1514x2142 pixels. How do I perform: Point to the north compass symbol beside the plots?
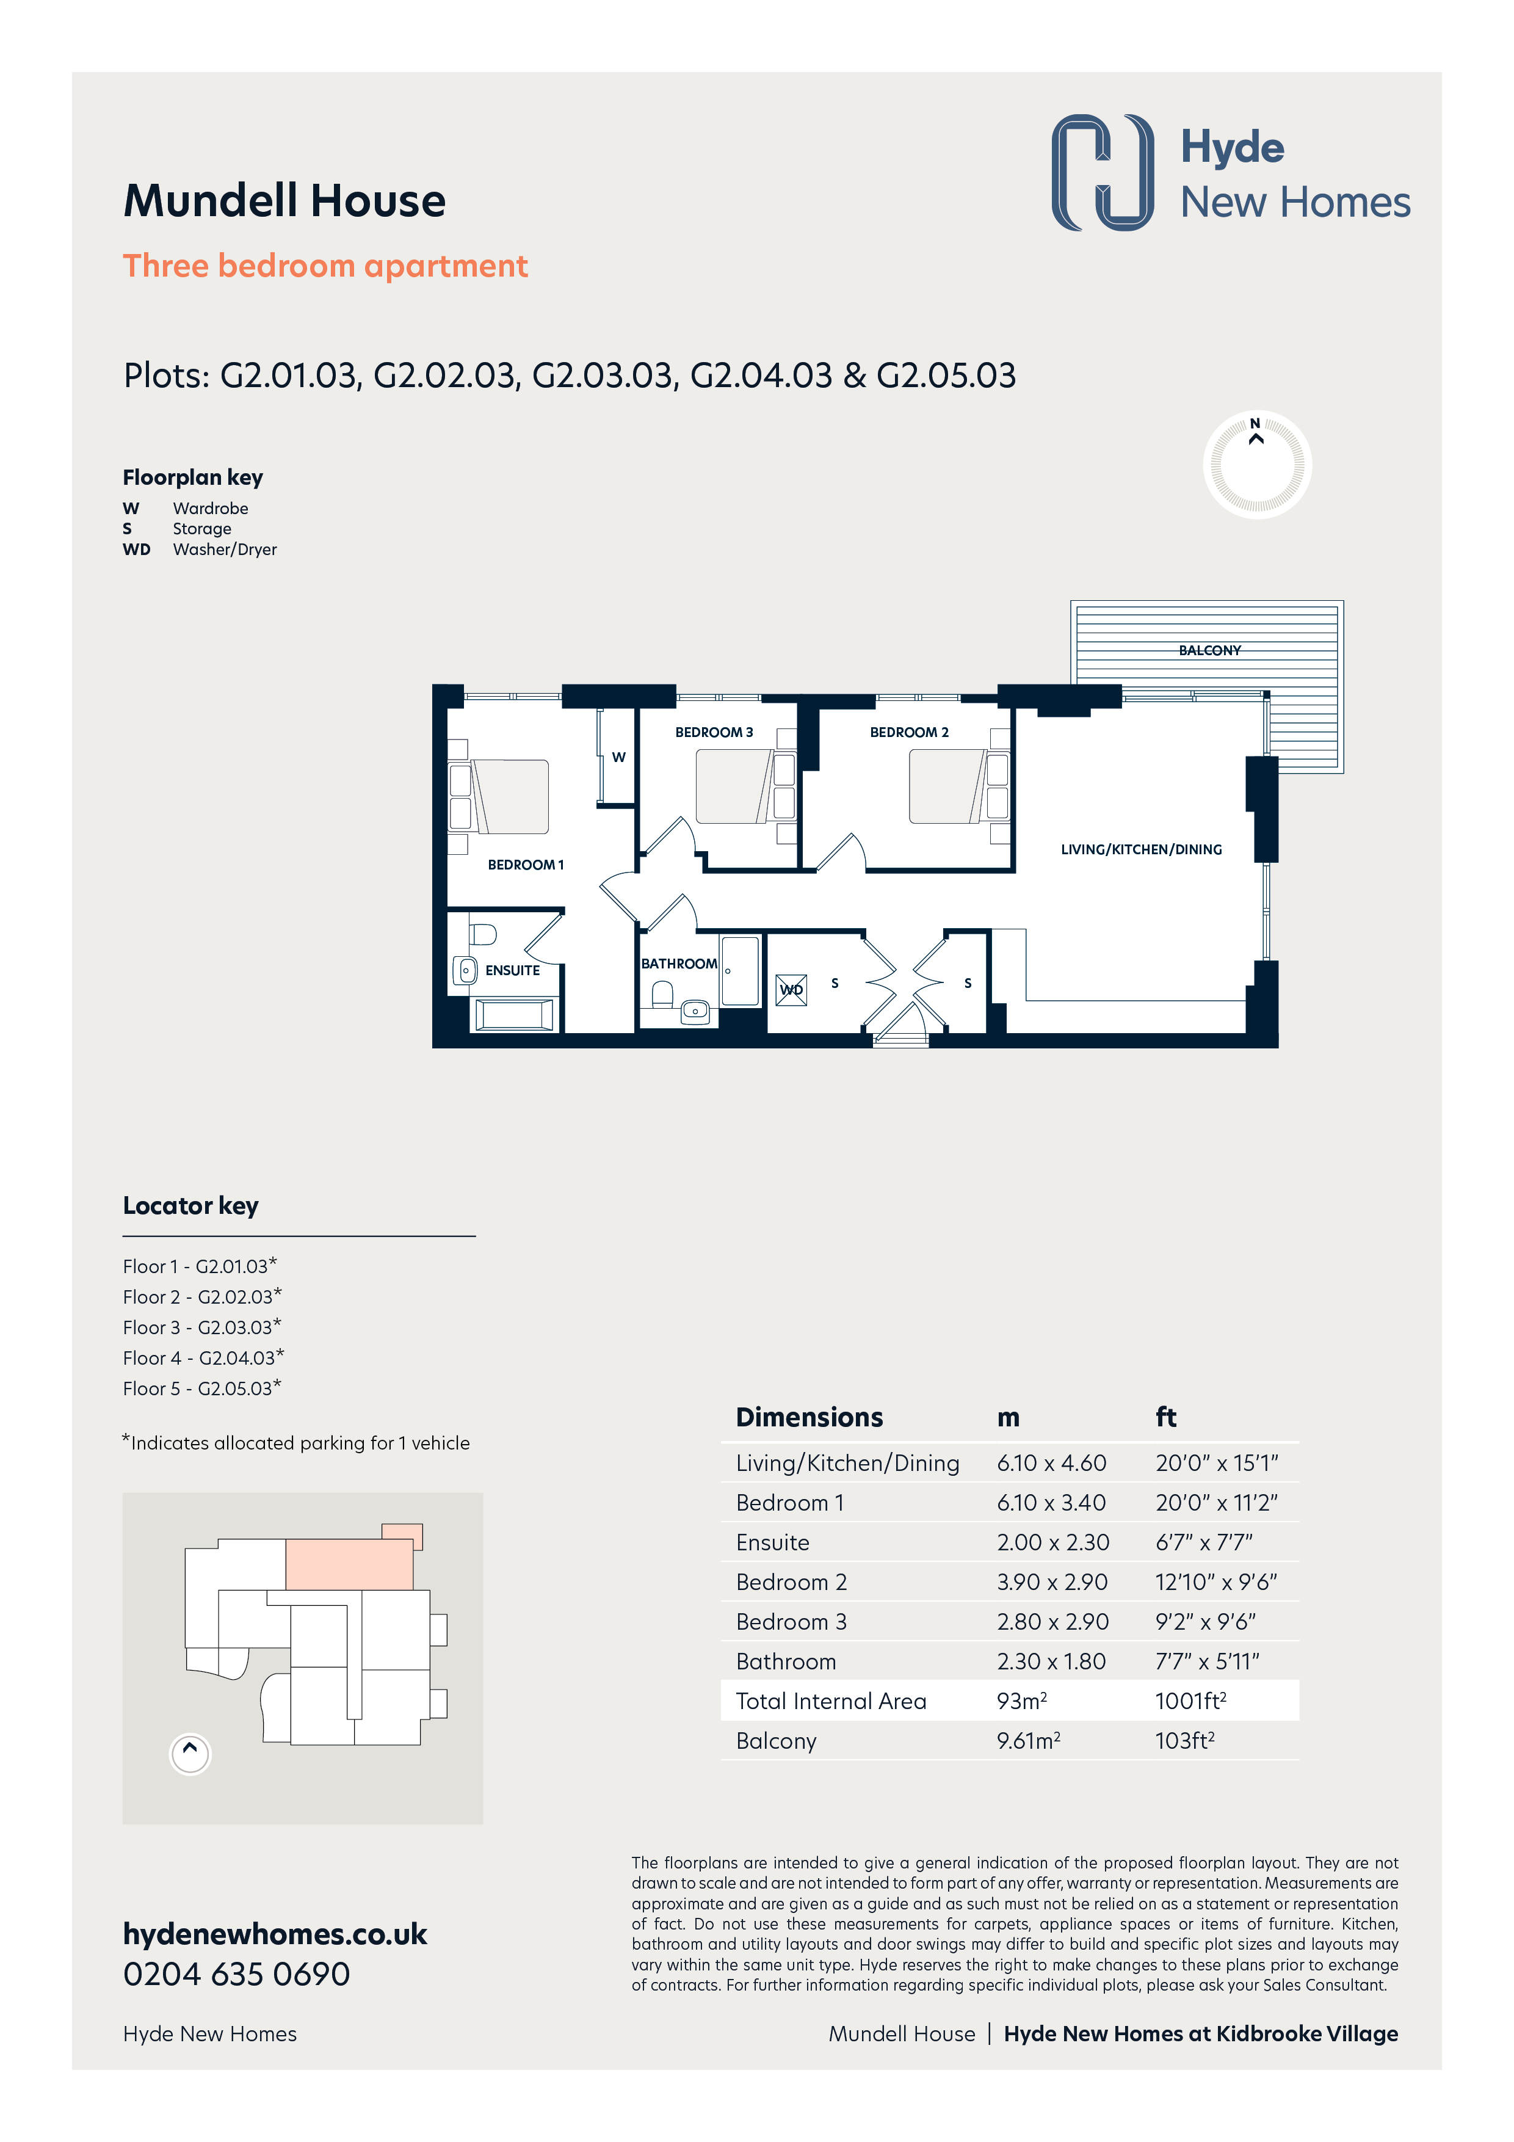coord(1256,463)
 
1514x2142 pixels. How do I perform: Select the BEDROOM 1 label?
coord(525,865)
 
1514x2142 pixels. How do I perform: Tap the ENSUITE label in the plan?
coord(512,970)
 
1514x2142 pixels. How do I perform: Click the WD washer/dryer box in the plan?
coord(791,990)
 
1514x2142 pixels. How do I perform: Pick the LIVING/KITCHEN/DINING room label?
coord(1141,850)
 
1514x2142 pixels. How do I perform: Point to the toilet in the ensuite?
coord(481,934)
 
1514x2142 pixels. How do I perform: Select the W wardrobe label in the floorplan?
coord(618,758)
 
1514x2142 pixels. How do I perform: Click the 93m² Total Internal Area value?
coord(1021,1701)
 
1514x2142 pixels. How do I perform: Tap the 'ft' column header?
coord(1166,1417)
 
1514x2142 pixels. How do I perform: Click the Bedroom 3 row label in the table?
coord(791,1621)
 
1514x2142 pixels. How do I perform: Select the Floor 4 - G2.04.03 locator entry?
coord(203,1357)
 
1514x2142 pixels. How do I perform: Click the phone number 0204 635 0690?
coord(237,1974)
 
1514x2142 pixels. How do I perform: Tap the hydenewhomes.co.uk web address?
coord(275,1933)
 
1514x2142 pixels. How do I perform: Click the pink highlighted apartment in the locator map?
coord(349,1564)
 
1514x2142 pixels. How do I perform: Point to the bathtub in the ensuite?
coord(515,1014)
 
